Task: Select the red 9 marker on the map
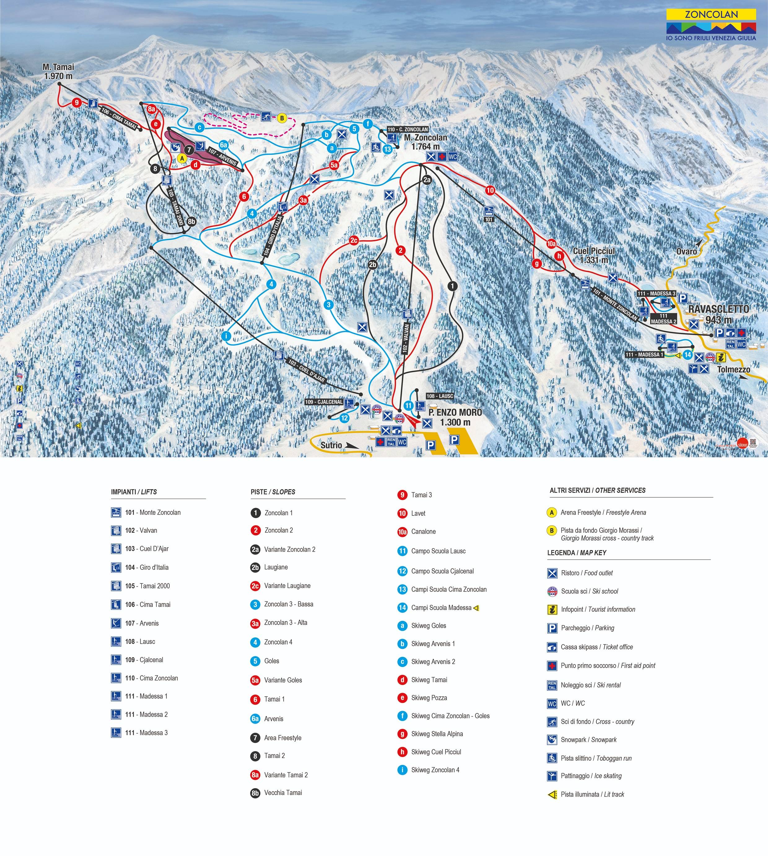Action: tap(76, 102)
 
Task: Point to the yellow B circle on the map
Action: tap(282, 118)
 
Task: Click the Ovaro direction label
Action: tap(687, 251)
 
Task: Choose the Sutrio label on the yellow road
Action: tap(331, 445)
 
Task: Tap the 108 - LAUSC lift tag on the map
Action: tap(440, 396)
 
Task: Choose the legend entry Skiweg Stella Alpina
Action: tap(437, 734)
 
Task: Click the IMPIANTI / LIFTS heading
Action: tap(134, 492)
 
